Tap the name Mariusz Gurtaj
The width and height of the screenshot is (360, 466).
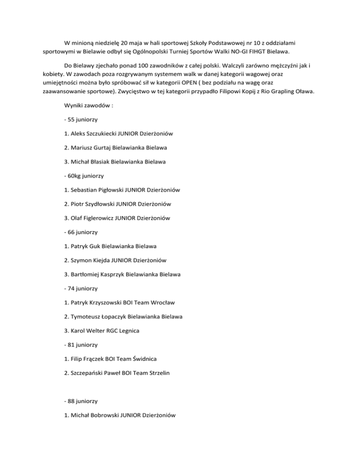coord(95,148)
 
